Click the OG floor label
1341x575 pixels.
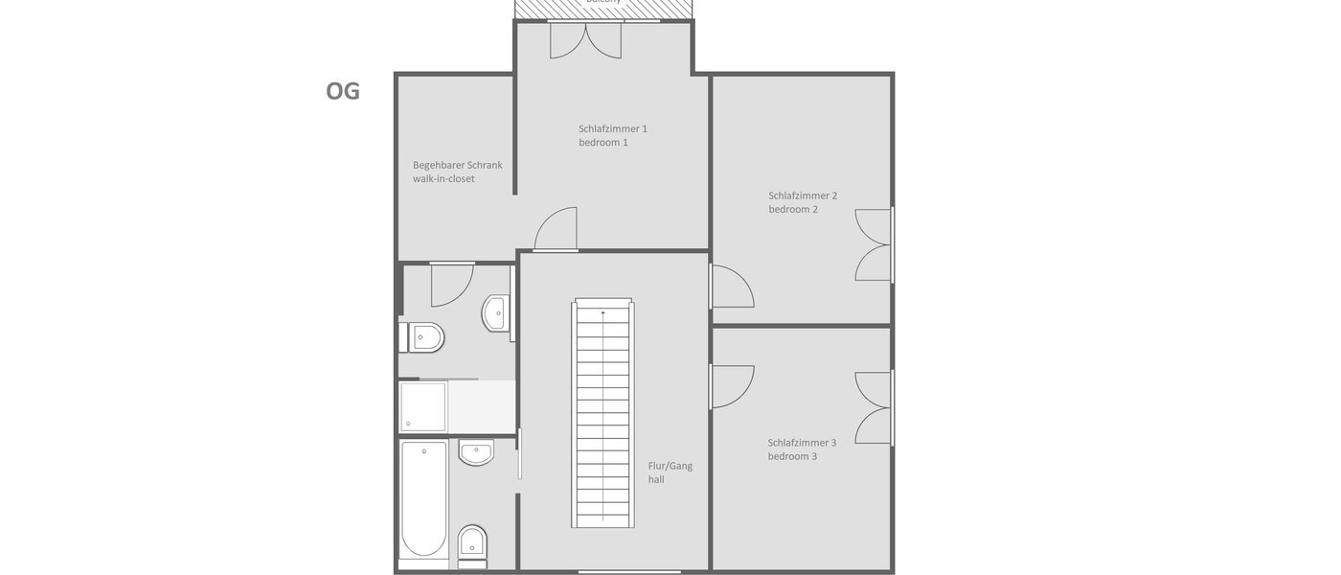[343, 91]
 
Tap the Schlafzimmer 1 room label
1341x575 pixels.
[613, 135]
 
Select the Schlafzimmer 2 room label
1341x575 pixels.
[803, 202]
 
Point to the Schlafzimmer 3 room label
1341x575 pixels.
[802, 449]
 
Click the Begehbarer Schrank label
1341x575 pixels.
[457, 172]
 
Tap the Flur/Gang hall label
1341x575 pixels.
[670, 472]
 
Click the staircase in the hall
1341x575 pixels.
[603, 414]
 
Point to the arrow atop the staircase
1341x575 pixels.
[603, 312]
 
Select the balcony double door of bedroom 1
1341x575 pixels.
[586, 40]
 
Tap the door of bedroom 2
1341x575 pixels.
[732, 286]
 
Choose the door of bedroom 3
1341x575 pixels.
[732, 387]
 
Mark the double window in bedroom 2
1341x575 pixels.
[875, 244]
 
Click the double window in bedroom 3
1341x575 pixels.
[875, 407]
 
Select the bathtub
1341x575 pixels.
[423, 499]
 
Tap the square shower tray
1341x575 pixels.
[422, 407]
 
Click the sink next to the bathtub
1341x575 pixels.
[476, 452]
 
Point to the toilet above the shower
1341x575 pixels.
[425, 337]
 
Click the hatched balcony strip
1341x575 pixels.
[603, 8]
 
